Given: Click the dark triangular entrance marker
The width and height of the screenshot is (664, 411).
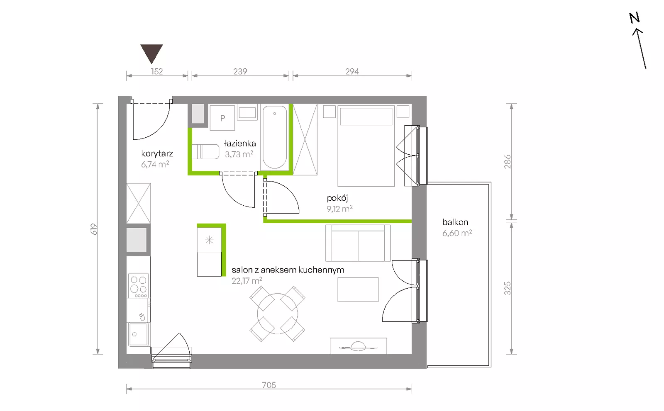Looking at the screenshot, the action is (151, 53).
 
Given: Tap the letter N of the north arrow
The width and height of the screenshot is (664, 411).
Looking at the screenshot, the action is (635, 18).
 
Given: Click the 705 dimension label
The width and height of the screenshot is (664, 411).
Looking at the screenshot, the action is (269, 385).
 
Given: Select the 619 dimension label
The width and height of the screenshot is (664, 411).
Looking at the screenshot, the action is (94, 229).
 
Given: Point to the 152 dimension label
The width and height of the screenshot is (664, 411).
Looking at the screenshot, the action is (157, 71).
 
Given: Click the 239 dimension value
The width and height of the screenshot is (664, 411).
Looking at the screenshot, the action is (240, 71).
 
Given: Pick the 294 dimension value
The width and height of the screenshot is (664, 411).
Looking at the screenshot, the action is (352, 71).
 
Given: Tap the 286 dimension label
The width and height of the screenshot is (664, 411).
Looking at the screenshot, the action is (508, 161).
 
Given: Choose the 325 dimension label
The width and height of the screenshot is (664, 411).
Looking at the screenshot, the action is (508, 288).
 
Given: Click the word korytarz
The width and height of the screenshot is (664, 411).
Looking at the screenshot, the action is (157, 153).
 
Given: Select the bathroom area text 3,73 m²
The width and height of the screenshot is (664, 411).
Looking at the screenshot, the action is (239, 154).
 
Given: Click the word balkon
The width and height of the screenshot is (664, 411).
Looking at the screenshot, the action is (455, 222).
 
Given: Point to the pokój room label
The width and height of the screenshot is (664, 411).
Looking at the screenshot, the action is (337, 198).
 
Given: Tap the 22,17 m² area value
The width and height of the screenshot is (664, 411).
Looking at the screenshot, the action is (247, 280).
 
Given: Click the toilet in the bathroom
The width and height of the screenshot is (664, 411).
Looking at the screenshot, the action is (205, 152).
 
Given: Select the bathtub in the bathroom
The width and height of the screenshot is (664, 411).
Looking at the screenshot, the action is (275, 138).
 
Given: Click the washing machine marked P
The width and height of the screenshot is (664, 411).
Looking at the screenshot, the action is (222, 118).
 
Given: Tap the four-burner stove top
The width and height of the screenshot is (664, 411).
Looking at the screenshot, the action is (139, 286).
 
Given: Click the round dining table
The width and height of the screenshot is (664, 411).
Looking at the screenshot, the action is (277, 314).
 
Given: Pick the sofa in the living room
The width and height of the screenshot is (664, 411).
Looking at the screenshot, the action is (358, 243).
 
